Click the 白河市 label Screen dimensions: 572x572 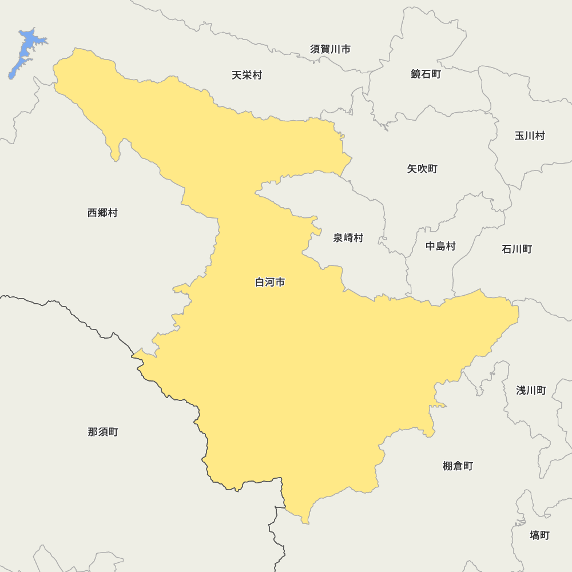(x=269, y=282)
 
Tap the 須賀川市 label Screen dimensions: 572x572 (x=331, y=49)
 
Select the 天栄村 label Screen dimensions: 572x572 (x=247, y=75)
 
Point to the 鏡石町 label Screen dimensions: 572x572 (x=426, y=74)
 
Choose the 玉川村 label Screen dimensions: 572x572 (x=530, y=136)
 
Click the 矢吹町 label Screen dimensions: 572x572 (x=422, y=169)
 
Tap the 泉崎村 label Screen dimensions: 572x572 (x=348, y=238)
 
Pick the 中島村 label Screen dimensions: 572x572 (x=440, y=247)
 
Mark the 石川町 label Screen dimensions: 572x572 (x=517, y=249)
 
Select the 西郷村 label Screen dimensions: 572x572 (x=102, y=213)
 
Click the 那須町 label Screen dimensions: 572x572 (x=103, y=432)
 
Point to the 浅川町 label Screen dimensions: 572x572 (x=531, y=390)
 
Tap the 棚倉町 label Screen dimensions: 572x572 (x=458, y=466)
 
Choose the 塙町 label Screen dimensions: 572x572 (x=539, y=535)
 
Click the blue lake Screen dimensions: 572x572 (x=26, y=51)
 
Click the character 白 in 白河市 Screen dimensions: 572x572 (x=260, y=282)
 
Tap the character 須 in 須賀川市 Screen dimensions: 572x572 (x=316, y=49)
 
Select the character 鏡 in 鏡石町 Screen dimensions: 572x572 (x=416, y=74)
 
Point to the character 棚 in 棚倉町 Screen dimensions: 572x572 (x=448, y=466)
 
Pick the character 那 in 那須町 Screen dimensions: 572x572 (x=93, y=432)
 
